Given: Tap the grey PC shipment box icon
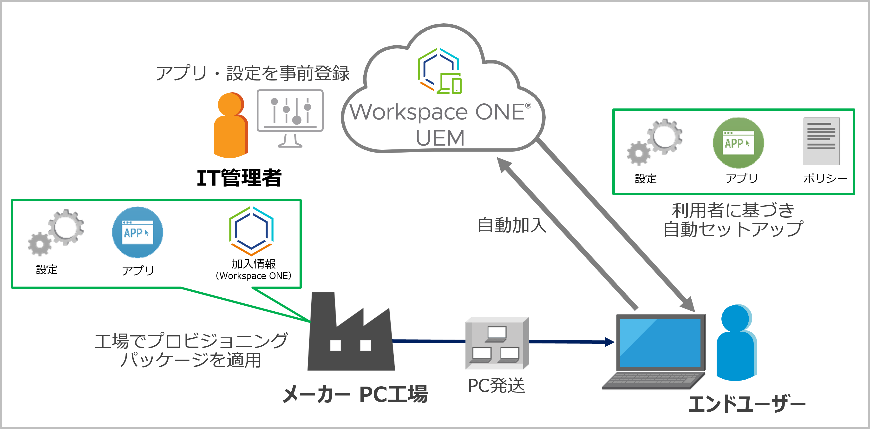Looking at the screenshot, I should [497, 343].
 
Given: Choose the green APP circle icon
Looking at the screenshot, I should [738, 143].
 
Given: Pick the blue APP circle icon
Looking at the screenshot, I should [137, 233].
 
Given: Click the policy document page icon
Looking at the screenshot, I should [821, 141].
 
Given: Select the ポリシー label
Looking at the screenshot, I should [825, 178].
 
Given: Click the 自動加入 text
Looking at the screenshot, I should [512, 225].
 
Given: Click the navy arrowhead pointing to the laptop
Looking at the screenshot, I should [610, 342].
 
